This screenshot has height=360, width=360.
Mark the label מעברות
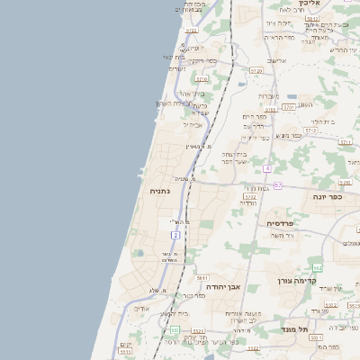pyautogui.click(x=269, y=95)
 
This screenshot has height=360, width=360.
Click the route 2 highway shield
pyautogui.click(x=175, y=235)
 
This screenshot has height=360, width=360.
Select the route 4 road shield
pyautogui.click(x=267, y=168)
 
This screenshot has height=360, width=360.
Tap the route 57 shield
pyautogui.click(x=278, y=185)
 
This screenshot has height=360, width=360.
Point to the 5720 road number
pyautogui.click(x=256, y=70)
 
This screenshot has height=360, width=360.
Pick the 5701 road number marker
pyautogui.click(x=288, y=106)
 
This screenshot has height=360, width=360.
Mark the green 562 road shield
pyautogui.click(x=317, y=268)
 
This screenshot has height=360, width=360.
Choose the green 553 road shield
pyautogui.click(x=174, y=331)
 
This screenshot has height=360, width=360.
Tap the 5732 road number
pyautogui.click(x=251, y=195)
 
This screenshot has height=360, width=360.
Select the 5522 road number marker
pyautogui.click(x=253, y=347)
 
